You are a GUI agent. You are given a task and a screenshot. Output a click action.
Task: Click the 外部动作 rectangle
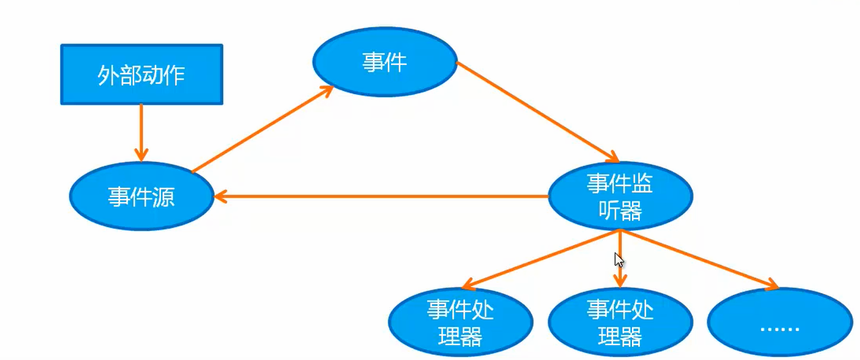point(141,75)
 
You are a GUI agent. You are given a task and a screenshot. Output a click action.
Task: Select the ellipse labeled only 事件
point(384,62)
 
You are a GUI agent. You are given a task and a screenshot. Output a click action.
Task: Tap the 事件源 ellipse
point(141,196)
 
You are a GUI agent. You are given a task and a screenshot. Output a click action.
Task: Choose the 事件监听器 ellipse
point(620,196)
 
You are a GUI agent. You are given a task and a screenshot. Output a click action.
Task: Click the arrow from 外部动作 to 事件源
point(141,131)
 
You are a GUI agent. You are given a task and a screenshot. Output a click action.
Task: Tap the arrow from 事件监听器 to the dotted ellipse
point(698,259)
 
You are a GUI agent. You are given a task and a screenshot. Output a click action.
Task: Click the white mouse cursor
point(618,260)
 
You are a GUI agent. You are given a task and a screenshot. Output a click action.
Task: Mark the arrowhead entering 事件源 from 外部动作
point(141,156)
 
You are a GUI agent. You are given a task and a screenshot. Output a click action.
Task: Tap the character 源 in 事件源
point(163,197)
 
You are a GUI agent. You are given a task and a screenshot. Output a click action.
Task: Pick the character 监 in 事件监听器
point(642,184)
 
